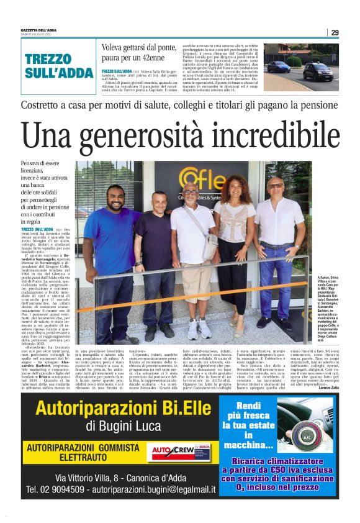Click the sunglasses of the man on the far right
click(276, 186)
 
